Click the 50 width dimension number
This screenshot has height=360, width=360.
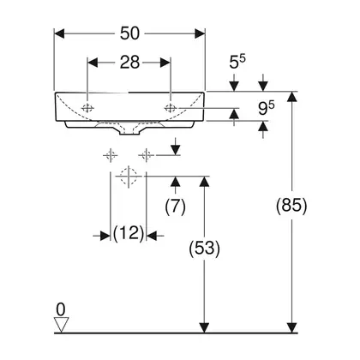pos(129,33)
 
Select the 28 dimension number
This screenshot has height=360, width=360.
pos(129,63)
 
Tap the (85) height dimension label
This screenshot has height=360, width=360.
pos(291,205)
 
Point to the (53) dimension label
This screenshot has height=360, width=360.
pos(205,248)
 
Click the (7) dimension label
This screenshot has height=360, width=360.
pos(175,206)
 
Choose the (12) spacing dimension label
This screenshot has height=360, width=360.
pos(129,233)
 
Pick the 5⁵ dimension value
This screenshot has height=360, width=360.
pos(237,62)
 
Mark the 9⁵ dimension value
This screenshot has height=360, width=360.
pos(266,108)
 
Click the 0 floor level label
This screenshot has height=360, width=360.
pos(61,309)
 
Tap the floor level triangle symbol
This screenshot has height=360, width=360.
pos(62,325)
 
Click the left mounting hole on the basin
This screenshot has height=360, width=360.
pos(87,108)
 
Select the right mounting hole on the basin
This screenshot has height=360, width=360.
pos(171,108)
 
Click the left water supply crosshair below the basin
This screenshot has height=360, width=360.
pos(111,155)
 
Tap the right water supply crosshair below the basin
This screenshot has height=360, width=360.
pos(146,155)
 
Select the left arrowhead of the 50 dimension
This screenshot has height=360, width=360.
pos(59,33)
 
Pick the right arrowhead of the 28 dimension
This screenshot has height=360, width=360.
pos(165,63)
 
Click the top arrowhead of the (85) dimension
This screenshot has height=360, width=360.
pos(291,97)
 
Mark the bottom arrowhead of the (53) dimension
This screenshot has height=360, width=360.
pos(204,327)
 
